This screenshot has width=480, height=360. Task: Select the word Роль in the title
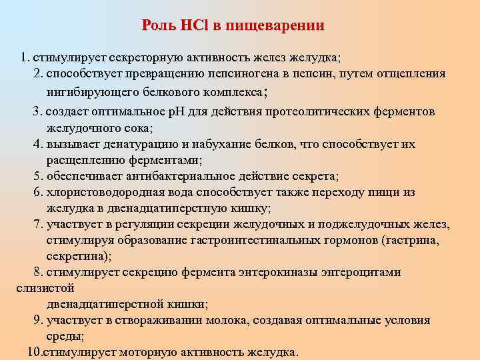point(158,26)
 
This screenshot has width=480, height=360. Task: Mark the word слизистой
point(44,288)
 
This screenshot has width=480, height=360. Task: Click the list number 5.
point(38,176)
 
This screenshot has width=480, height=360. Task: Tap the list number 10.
point(35,352)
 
